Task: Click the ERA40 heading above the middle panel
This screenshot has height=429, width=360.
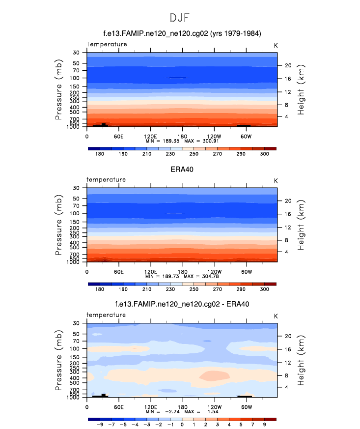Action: [182, 169]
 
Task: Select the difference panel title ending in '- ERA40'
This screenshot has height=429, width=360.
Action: [182, 304]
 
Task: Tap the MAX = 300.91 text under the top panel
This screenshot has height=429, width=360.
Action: [201, 141]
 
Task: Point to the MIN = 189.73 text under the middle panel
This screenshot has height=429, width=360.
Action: [163, 276]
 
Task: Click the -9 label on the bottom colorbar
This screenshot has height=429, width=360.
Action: [100, 424]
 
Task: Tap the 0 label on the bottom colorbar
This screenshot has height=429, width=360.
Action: [182, 424]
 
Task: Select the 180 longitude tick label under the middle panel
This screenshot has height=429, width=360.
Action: [182, 271]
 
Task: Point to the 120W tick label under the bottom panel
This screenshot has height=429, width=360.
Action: [214, 406]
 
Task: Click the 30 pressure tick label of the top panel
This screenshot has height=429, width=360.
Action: [76, 52]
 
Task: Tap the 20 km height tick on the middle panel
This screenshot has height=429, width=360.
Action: [289, 200]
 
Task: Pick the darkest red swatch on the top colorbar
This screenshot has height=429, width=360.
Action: [271, 147]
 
